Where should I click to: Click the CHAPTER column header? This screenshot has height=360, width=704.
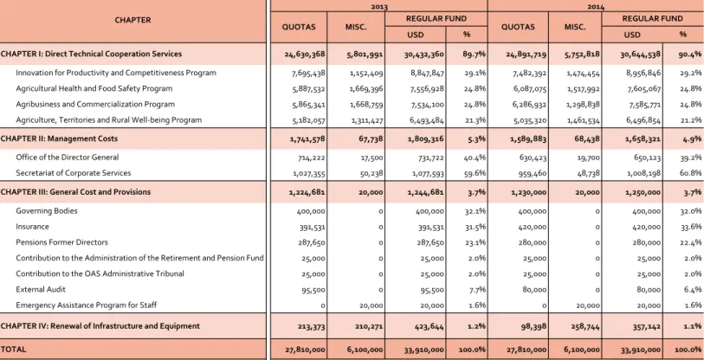132,20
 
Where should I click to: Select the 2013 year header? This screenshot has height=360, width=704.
379,7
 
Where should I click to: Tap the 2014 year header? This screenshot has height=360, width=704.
597,7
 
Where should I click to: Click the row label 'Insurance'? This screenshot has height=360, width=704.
32,227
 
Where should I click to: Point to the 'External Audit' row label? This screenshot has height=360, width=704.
41,290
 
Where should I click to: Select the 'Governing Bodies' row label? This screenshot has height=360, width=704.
47,211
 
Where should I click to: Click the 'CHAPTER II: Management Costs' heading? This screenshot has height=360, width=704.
59,138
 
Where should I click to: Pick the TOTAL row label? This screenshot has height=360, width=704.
14,350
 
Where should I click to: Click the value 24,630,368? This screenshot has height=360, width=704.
305,55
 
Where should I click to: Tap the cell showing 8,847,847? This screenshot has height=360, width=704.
427,74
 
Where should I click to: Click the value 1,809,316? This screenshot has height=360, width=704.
426,139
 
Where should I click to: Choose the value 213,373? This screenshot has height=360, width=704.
311,327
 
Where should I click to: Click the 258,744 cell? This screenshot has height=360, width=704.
585,327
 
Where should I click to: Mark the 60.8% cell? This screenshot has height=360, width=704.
691,173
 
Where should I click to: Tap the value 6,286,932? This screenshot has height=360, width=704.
530,105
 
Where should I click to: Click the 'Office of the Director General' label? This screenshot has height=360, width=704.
68,157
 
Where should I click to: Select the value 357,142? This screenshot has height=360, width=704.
646,327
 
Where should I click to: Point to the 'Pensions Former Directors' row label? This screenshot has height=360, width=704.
62,242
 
